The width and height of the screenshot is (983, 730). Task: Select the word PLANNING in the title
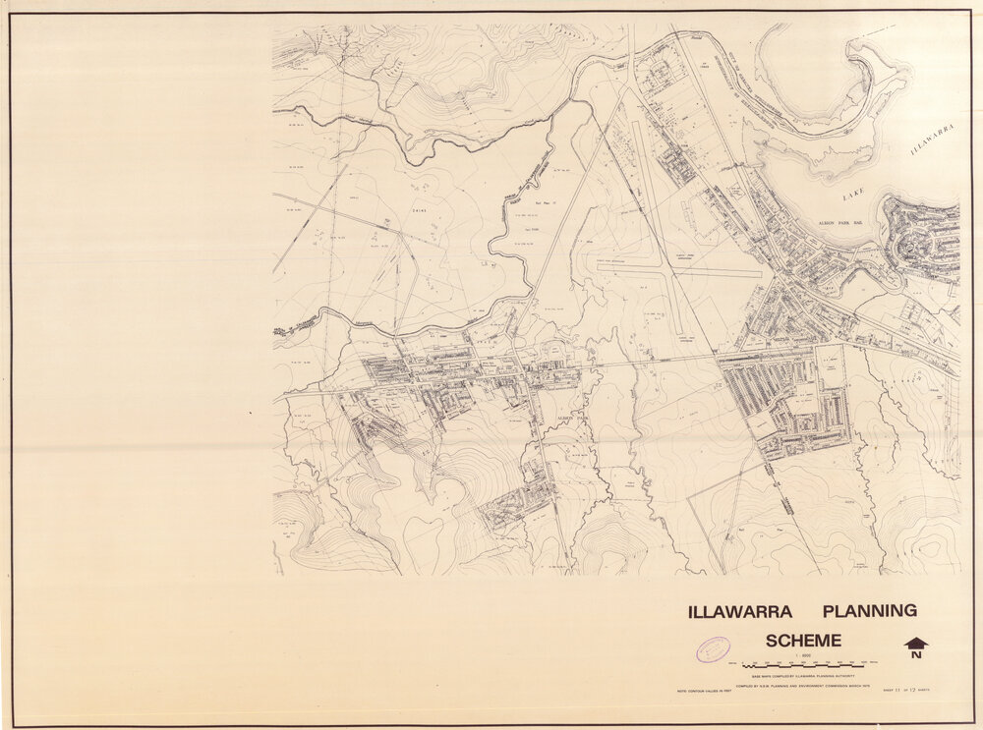tap(868, 611)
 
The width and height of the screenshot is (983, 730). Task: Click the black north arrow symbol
tap(916, 643)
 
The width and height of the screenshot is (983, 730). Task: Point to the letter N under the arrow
tap(916, 655)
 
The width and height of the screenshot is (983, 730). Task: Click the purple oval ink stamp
tap(713, 648)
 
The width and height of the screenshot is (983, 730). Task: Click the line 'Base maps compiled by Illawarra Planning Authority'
tap(804, 677)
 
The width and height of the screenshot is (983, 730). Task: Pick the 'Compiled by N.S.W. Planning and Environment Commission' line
tap(804, 687)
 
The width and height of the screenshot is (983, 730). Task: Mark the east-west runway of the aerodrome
tap(678, 270)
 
